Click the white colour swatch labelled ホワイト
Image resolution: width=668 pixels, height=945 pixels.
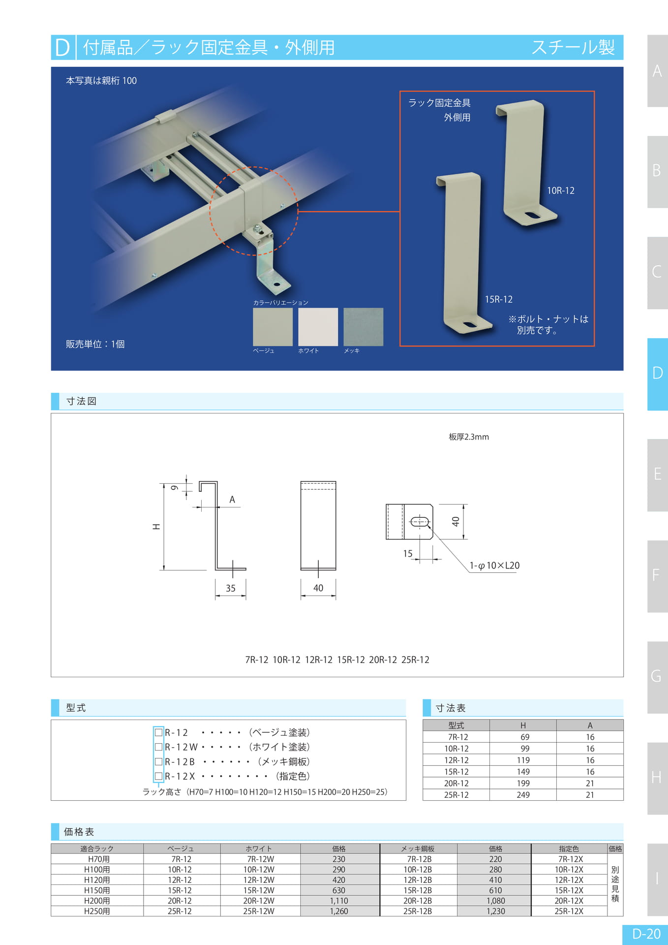coord(318,327)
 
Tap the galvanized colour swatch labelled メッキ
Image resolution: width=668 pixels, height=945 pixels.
coord(363,327)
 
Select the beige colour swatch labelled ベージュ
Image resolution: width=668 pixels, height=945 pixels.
coord(273,327)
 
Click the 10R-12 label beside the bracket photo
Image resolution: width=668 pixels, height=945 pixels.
coord(561,190)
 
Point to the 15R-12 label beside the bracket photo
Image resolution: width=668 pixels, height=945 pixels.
coord(499,299)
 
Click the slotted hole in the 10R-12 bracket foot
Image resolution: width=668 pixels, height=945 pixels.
coord(531,215)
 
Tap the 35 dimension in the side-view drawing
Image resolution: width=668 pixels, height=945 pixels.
coord(231,588)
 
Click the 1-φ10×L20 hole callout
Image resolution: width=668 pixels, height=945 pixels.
coord(494,566)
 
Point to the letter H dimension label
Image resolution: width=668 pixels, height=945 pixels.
coord(156,527)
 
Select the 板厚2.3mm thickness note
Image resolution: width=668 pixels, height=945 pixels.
coord(469,437)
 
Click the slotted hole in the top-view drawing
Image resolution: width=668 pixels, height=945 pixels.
coord(420,522)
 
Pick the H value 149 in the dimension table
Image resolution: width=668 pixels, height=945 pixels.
coord(523,772)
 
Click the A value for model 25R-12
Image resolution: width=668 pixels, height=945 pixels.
coord(590,795)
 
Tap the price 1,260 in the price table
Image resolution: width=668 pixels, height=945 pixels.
coord(339,911)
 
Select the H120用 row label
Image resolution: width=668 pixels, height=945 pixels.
coord(97,880)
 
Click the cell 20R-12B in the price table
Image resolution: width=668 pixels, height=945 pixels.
coord(418,901)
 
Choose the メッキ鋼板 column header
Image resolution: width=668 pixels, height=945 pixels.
coord(418,849)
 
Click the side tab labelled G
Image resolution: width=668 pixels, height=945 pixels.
coord(657,677)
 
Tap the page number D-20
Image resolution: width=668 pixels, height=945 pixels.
coord(646,934)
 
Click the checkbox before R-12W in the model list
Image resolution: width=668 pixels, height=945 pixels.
coord(158,747)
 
